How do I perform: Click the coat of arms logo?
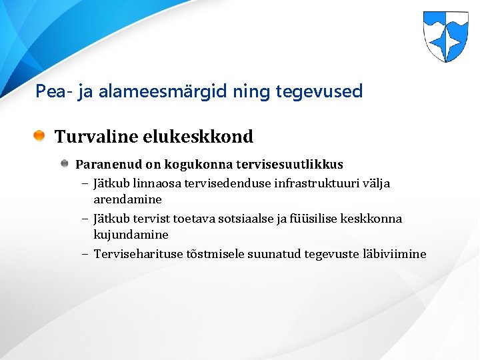tap(445, 37)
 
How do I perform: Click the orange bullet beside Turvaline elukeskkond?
tap(40, 137)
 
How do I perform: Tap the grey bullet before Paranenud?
tap(65, 164)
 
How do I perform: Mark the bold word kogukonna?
tap(197, 164)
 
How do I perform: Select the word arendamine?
tap(127, 199)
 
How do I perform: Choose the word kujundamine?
tap(131, 235)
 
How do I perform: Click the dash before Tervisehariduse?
tap(87, 254)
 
